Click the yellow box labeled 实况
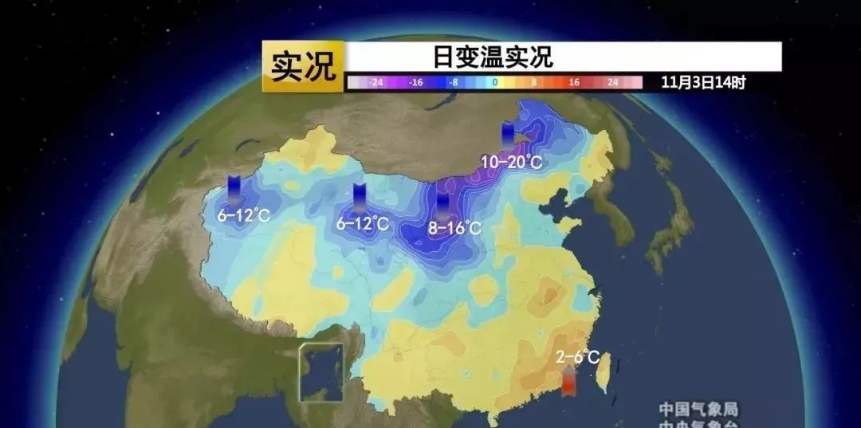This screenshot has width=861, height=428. pyautogui.click(x=303, y=66)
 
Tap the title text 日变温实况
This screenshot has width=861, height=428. pyautogui.click(x=493, y=57)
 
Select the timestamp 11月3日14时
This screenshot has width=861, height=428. pyautogui.click(x=702, y=82)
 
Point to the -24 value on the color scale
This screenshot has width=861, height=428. pyautogui.click(x=376, y=82)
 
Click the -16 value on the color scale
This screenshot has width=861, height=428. pyautogui.click(x=415, y=82)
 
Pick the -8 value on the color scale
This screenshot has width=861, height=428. pyautogui.click(x=454, y=82)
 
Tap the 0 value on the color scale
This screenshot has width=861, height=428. pyautogui.click(x=494, y=82)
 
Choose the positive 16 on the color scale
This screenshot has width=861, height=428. pyautogui.click(x=573, y=82)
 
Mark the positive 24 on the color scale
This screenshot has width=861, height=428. pyautogui.click(x=612, y=82)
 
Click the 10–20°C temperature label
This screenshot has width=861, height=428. pyautogui.click(x=511, y=162)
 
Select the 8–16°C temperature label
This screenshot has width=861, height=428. pyautogui.click(x=454, y=229)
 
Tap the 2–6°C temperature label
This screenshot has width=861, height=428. pyautogui.click(x=577, y=358)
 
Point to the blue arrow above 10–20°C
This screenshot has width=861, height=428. pyautogui.click(x=508, y=135)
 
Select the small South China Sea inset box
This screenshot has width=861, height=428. pyautogui.click(x=320, y=372)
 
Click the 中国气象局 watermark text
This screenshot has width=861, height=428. pyautogui.click(x=698, y=409)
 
